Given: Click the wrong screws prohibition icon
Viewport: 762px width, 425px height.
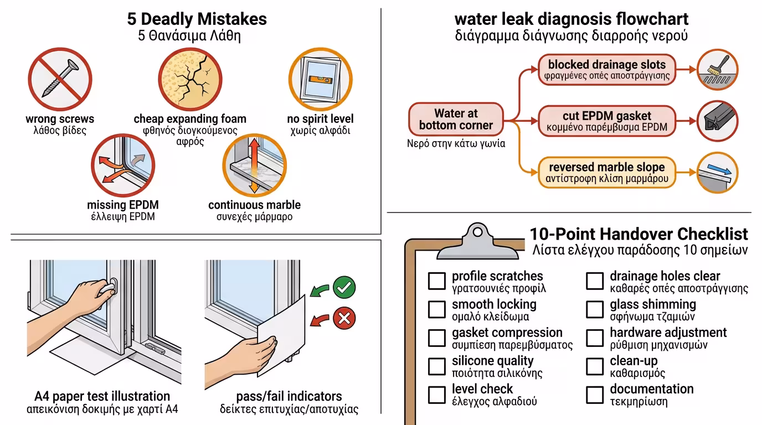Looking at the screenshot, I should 59,79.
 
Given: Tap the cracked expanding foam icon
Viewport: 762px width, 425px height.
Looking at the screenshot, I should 189,79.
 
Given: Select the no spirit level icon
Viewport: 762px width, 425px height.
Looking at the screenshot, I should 320,79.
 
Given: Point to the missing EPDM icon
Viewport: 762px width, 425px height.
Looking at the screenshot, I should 122,168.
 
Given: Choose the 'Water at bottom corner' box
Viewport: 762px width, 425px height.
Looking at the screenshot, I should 456,120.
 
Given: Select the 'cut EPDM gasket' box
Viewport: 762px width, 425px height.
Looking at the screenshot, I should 607,121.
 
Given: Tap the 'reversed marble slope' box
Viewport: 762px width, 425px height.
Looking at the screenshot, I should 606,173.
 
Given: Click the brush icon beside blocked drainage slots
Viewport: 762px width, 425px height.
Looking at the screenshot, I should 717,70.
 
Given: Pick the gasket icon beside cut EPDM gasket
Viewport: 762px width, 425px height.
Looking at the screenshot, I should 717,121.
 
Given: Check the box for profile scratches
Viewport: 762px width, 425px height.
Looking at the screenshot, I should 436,281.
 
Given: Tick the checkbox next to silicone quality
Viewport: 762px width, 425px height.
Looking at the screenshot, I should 436,366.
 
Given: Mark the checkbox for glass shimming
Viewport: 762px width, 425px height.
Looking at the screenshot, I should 595,309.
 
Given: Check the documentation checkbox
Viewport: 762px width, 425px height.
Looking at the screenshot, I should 595,395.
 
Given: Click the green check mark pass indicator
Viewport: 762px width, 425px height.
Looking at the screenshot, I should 344,288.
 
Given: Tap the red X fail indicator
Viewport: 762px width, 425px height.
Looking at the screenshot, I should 344,318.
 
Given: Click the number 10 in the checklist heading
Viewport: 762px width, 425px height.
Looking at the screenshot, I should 540,234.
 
